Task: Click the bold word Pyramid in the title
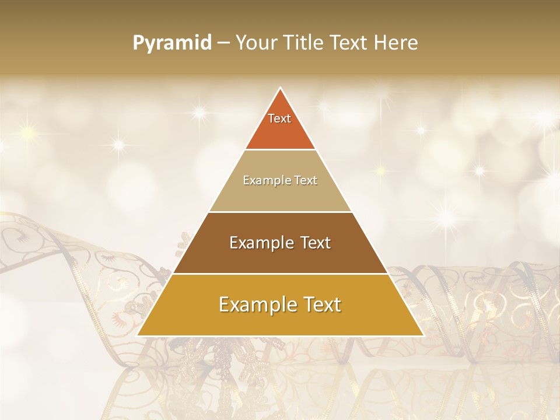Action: point(171,43)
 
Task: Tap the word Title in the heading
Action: point(305,43)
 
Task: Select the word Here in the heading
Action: point(396,43)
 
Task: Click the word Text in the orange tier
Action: point(279,118)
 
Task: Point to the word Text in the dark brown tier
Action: point(315,243)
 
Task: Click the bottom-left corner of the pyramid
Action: point(138,335)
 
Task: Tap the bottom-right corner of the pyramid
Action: point(423,335)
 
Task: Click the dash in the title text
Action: point(223,43)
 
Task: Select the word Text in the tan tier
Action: point(306,180)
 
